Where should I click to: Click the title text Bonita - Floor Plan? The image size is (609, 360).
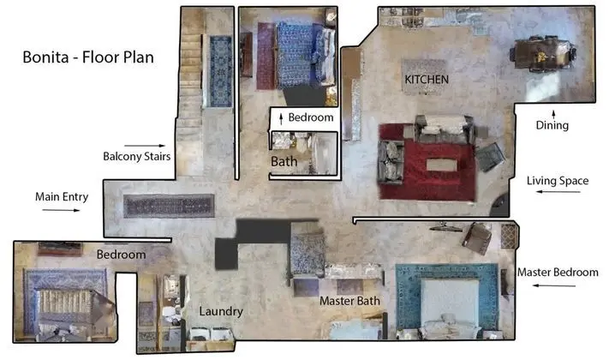(88, 57)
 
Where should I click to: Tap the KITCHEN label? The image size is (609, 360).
(427, 80)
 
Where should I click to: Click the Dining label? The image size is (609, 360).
(552, 125)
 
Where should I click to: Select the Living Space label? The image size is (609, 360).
(558, 181)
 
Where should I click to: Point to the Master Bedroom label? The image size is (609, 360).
(558, 272)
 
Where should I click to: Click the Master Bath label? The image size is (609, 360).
(349, 301)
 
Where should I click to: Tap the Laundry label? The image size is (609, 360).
(221, 311)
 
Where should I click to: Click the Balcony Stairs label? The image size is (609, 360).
(137, 156)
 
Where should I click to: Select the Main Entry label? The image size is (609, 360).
(62, 197)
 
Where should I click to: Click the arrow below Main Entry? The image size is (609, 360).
(61, 210)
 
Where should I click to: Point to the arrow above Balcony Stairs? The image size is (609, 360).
(145, 146)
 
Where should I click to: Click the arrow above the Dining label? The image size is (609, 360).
(553, 114)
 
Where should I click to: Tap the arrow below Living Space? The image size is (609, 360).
(558, 192)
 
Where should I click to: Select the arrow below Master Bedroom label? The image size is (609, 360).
(554, 285)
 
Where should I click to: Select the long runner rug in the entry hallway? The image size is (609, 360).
(169, 206)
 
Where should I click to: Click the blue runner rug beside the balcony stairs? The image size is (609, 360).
(221, 71)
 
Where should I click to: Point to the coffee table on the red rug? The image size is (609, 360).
(442, 165)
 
